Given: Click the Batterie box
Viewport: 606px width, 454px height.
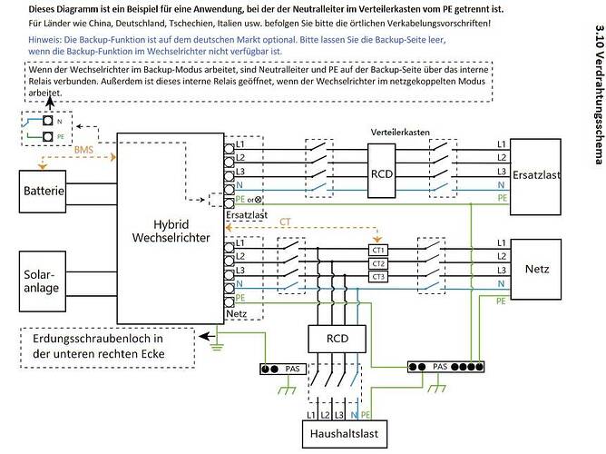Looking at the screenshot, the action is [43, 192].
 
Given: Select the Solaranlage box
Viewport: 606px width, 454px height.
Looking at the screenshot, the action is [43, 281].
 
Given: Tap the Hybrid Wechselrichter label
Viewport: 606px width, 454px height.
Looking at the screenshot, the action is [171, 231].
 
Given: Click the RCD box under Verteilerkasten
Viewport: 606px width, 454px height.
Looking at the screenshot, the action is [381, 171].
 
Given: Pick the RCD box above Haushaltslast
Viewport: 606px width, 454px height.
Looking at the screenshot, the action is [337, 339].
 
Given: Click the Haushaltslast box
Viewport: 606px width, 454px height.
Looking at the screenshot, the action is [345, 434].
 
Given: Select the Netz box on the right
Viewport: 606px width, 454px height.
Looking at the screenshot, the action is [536, 269].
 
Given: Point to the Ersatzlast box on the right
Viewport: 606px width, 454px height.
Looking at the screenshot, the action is [535, 177].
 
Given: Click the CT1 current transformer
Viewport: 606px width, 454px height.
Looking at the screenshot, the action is [378, 251].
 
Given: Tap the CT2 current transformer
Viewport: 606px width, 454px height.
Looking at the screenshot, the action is [378, 263].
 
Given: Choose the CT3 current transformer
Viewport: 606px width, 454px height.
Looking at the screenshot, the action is [378, 277].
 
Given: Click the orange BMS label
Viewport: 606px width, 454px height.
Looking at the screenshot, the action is [83, 150].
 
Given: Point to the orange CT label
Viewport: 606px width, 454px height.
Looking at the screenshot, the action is [285, 222].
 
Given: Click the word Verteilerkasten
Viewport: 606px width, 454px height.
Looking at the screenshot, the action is [400, 133].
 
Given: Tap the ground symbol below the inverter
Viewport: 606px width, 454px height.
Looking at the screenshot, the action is [217, 347].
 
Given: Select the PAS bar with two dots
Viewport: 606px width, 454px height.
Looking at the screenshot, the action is [283, 369].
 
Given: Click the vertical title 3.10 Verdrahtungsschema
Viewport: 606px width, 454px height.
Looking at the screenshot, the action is [599, 94].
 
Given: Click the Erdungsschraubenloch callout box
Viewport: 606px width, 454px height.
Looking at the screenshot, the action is [107, 348].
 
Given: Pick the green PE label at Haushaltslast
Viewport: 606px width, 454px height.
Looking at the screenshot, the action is [366, 415].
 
